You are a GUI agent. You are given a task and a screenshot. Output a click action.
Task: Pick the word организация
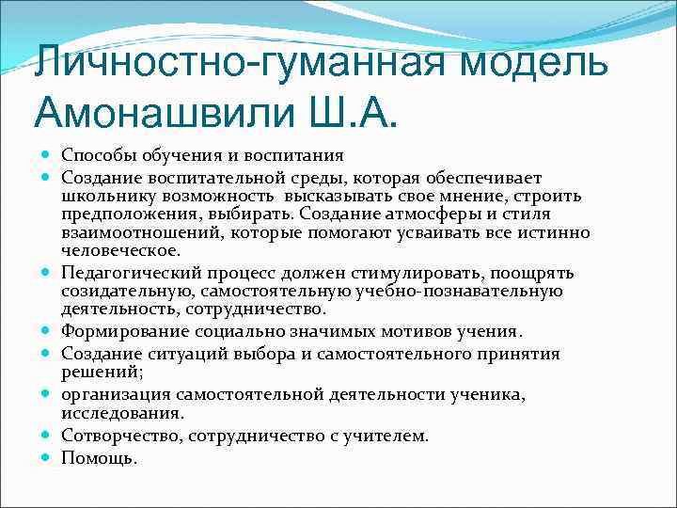pyautogui.click(x=114, y=394)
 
